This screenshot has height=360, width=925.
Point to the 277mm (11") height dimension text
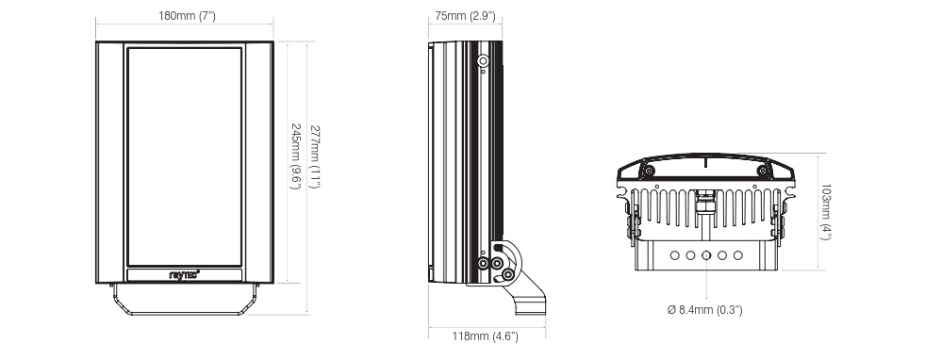pos(314,156)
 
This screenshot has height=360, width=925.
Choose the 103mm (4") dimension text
pos(826,213)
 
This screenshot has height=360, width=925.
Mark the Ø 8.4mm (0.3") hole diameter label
pos(705,309)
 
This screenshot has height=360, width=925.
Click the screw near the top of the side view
pos(484,61)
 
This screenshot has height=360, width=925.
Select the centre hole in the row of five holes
pos(706,255)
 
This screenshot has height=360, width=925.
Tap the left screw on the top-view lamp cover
pos(649,172)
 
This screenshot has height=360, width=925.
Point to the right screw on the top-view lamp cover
pos(764,172)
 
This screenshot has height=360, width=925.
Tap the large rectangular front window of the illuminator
pos(184,155)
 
